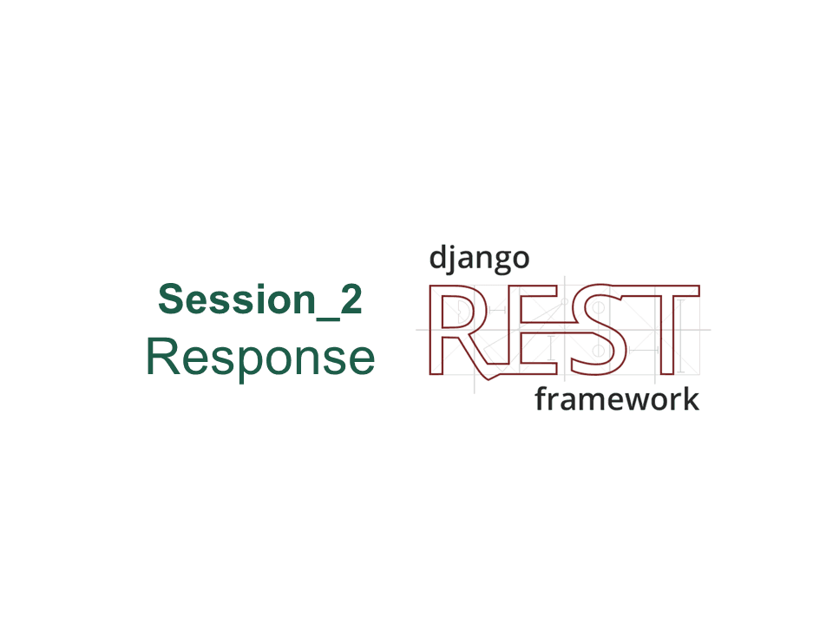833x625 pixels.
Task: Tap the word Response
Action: [x=261, y=358]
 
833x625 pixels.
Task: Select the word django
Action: [x=479, y=260]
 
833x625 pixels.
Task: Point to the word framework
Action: [x=617, y=399]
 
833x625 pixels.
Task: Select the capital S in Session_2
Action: [x=171, y=299]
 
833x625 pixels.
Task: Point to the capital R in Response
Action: [x=162, y=356]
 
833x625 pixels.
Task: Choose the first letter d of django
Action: [x=439, y=257]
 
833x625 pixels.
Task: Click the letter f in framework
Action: [x=541, y=398]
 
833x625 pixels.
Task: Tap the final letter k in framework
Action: [x=691, y=399]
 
